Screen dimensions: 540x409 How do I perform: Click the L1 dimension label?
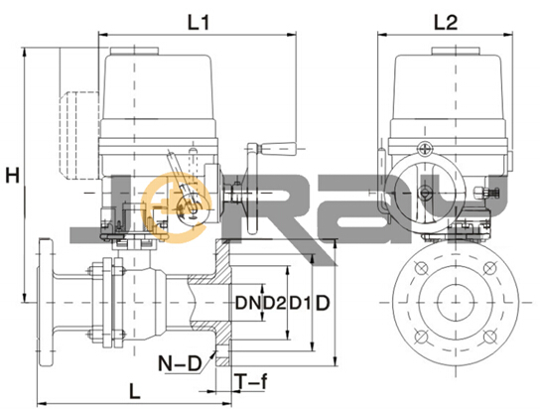point(198,23)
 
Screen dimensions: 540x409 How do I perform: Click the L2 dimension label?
point(446,23)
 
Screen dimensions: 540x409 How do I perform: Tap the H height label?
point(12,177)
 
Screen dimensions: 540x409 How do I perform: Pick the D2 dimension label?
point(275,303)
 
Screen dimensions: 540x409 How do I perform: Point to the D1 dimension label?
point(300,303)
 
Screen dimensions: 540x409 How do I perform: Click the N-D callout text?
point(180,363)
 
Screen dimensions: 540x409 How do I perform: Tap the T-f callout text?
point(252,381)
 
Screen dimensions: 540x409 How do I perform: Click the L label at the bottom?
point(135,391)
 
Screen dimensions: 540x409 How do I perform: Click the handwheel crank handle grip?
point(278,149)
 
